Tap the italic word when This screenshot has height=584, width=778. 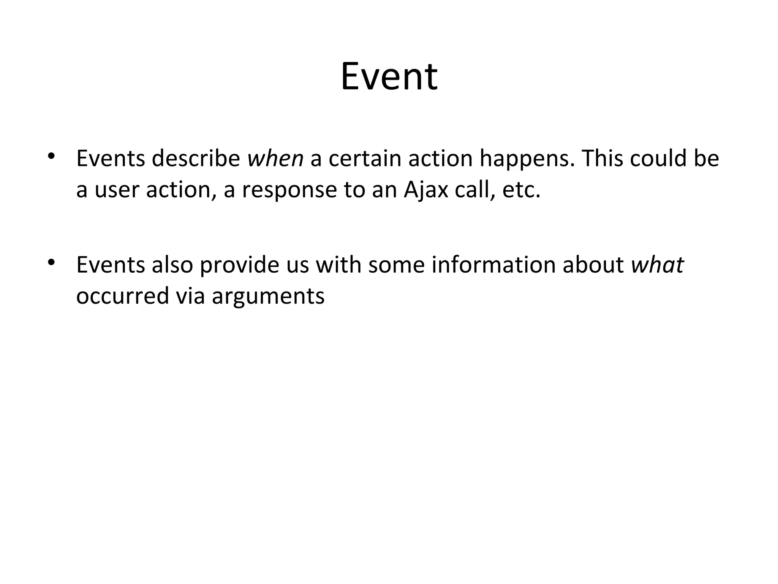click(x=275, y=159)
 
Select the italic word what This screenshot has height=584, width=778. click(x=657, y=265)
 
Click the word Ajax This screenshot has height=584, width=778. click(x=426, y=190)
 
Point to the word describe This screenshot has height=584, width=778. click(x=196, y=159)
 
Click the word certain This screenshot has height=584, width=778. click(x=365, y=159)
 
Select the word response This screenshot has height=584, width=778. click(x=289, y=190)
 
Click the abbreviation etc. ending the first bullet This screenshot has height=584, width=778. click(x=521, y=190)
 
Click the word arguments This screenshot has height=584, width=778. click(x=268, y=296)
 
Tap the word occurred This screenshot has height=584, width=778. click(x=122, y=296)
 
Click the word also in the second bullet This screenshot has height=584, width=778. click(x=172, y=265)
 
